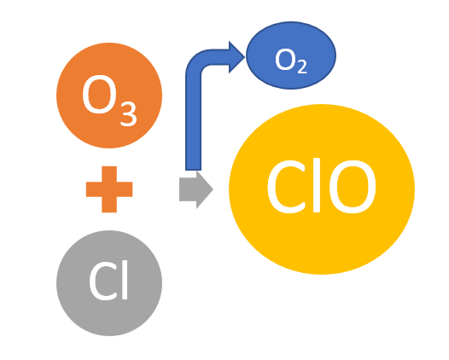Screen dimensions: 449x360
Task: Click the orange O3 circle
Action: point(109,96)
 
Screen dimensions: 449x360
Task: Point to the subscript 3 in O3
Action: point(128,114)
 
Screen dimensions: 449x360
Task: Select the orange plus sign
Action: point(109,189)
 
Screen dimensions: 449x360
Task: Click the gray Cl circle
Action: point(109,283)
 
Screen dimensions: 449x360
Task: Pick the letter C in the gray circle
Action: point(102,282)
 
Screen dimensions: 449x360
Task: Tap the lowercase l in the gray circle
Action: point(125,280)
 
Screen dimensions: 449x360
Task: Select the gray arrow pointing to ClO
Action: point(196,189)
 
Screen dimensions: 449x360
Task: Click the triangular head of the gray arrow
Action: point(205,189)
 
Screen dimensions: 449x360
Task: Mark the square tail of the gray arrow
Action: point(188,189)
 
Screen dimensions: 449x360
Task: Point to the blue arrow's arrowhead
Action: point(236,57)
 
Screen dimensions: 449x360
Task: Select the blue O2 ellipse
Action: point(291,55)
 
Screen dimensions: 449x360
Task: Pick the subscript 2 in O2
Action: point(302,67)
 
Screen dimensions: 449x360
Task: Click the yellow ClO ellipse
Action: point(322,189)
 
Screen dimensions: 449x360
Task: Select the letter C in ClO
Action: point(286,186)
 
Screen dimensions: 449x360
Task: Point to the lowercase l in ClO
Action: point(317,185)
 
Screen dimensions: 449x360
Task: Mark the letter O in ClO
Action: point(353,186)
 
